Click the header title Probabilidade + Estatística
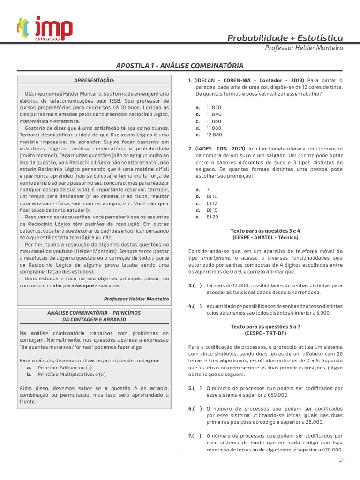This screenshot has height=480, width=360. coord(285,38)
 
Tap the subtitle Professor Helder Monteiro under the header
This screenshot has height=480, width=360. coord(304,48)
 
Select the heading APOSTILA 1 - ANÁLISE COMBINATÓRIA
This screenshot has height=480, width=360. coord(180,66)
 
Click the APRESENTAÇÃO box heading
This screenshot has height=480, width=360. coord(94,80)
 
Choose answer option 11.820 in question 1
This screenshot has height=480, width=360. coord(213,107)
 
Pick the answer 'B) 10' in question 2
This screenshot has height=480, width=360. coord(212,196)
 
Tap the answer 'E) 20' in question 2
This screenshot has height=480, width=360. coord(212,217)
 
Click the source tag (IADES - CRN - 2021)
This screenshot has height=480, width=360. coord(220,149)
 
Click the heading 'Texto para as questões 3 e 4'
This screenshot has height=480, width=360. coord(265,231)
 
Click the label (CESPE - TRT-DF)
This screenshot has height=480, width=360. coord(265,333)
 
